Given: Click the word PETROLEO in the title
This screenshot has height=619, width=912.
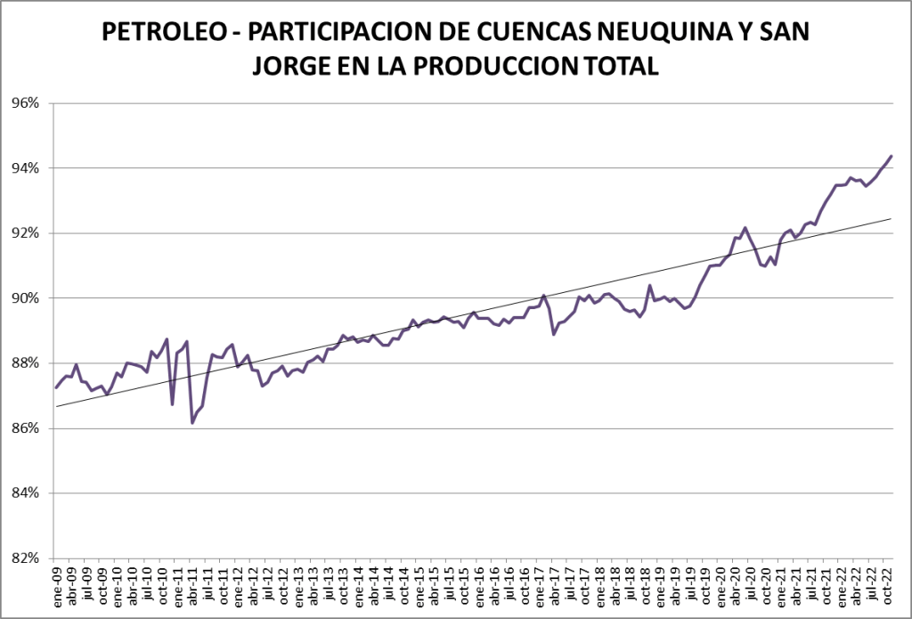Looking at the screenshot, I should (x=166, y=33).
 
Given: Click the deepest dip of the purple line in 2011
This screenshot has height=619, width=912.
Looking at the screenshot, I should (x=192, y=422).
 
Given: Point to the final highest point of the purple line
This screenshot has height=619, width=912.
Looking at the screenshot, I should (x=892, y=156).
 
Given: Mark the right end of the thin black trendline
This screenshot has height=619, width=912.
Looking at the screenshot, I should (x=892, y=218).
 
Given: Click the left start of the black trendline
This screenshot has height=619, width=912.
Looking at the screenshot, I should (x=55, y=406).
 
